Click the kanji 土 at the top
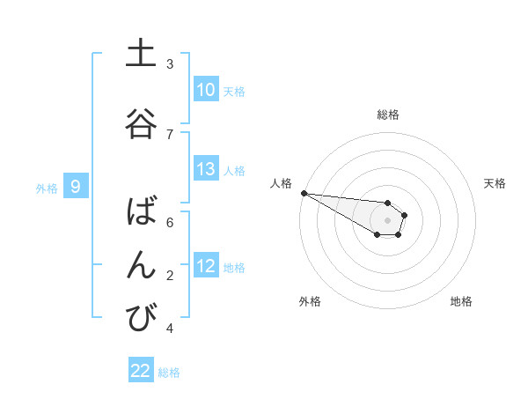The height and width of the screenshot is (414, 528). (x=141, y=55)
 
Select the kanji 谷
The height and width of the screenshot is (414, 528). (x=141, y=124)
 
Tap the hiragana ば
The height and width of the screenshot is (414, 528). (x=141, y=212)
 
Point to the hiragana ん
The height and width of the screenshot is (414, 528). (x=141, y=265)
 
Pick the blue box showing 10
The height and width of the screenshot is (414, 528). (x=205, y=90)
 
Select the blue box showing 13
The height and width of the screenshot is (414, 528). (x=205, y=169)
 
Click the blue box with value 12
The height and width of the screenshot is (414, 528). (x=205, y=266)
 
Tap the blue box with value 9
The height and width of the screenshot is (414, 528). (x=76, y=186)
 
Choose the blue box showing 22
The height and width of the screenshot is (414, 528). (x=141, y=371)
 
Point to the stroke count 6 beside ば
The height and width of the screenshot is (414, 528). (x=170, y=222)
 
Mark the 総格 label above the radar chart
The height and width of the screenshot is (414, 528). (x=387, y=115)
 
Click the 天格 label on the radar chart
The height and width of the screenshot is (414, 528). (x=495, y=183)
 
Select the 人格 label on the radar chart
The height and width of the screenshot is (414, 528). (x=281, y=183)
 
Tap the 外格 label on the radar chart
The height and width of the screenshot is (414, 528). (x=310, y=301)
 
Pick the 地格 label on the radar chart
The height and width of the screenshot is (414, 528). (x=461, y=301)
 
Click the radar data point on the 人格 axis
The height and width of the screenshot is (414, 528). (x=304, y=193)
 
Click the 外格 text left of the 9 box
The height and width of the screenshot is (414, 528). (x=46, y=188)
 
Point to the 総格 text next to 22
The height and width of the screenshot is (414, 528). (x=169, y=373)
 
